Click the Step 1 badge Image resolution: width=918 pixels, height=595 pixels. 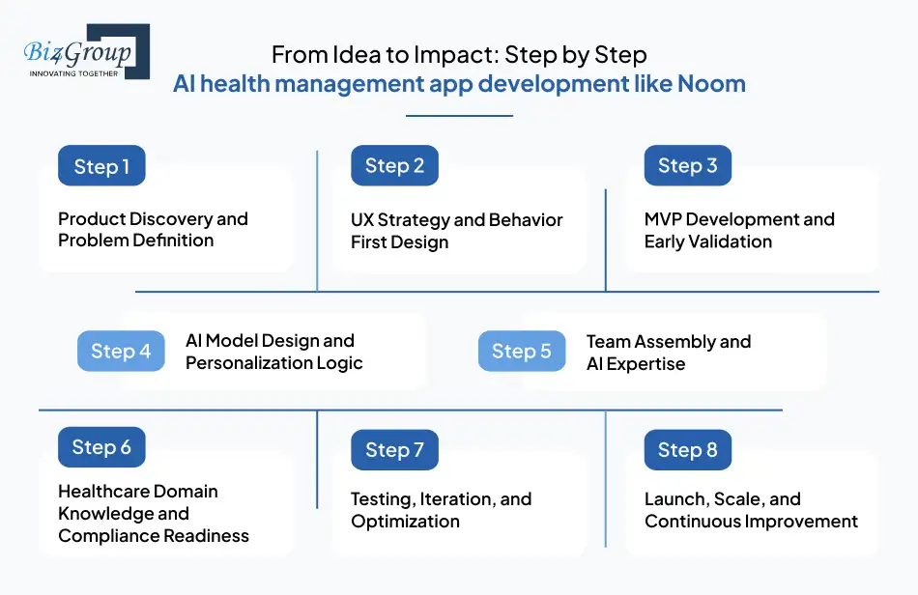click(x=101, y=166)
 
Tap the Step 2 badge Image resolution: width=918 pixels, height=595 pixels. click(x=394, y=166)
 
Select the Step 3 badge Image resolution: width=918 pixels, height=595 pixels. click(x=687, y=166)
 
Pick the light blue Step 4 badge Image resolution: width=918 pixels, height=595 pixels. click(x=121, y=352)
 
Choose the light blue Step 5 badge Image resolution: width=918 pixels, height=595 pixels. click(x=522, y=352)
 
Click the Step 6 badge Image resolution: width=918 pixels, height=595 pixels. click(x=101, y=447)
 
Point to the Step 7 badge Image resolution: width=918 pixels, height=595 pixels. click(x=394, y=450)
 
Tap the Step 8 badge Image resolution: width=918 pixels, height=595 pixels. click(x=687, y=450)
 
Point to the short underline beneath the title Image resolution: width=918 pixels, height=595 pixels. click(x=459, y=116)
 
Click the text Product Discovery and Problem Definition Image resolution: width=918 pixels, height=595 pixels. click(x=153, y=230)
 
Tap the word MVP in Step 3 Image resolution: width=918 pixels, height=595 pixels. click(x=665, y=219)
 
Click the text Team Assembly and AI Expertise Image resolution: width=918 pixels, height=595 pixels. click(x=668, y=353)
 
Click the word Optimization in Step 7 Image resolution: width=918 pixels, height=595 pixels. click(x=405, y=522)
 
